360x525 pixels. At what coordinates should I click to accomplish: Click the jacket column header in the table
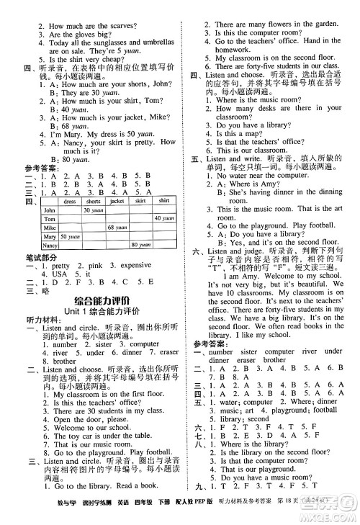click(x=117, y=201)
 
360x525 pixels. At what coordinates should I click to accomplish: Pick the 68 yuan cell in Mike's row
click(x=117, y=228)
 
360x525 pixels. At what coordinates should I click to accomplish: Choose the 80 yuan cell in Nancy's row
click(x=140, y=246)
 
